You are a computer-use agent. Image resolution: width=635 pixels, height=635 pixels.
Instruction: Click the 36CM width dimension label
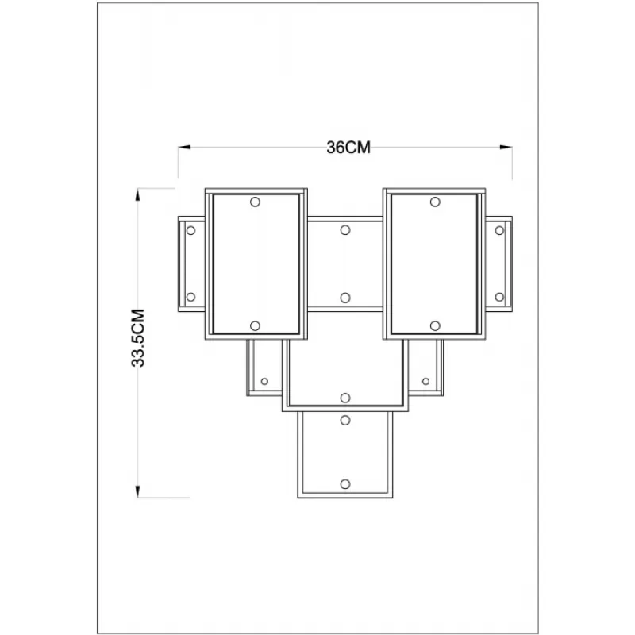[x=348, y=148]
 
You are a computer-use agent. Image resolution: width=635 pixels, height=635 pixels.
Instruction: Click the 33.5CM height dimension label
[x=138, y=338]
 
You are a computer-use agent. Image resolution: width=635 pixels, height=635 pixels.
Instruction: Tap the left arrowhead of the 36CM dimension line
[x=184, y=147]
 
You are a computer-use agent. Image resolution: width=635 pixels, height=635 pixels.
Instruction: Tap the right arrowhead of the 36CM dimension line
[x=506, y=147]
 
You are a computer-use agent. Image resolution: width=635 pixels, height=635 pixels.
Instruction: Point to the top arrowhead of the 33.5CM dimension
[x=137, y=194]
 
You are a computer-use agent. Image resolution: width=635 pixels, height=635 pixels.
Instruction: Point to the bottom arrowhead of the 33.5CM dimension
[x=137, y=491]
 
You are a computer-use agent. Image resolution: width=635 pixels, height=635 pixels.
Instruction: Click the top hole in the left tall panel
[x=255, y=202]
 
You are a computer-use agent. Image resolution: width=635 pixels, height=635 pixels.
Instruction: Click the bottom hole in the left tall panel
[x=255, y=325]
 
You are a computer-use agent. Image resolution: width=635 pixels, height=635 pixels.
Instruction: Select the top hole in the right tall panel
[x=435, y=202]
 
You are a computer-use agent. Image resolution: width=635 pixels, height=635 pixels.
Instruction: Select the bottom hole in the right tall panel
[x=435, y=325]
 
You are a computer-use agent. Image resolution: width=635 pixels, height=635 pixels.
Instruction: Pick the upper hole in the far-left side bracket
[x=190, y=230]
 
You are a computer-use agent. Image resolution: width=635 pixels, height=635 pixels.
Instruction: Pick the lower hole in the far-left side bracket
[x=190, y=297]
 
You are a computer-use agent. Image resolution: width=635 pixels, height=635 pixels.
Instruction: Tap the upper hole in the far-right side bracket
[x=499, y=230]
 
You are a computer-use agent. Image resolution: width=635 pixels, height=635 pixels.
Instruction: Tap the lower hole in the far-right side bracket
[x=499, y=297]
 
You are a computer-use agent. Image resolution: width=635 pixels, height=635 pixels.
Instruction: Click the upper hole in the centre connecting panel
[x=345, y=230]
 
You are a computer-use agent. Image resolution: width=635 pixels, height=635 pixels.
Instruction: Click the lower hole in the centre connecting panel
[x=345, y=298]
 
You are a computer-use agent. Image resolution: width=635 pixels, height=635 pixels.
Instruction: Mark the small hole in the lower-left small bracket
[x=264, y=381]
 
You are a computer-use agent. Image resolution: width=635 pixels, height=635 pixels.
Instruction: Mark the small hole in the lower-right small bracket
[x=425, y=381]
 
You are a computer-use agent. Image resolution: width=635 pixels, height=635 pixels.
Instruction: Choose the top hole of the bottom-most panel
[x=345, y=421]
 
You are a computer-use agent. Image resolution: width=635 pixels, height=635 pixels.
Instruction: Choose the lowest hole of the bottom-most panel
[x=345, y=484]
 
